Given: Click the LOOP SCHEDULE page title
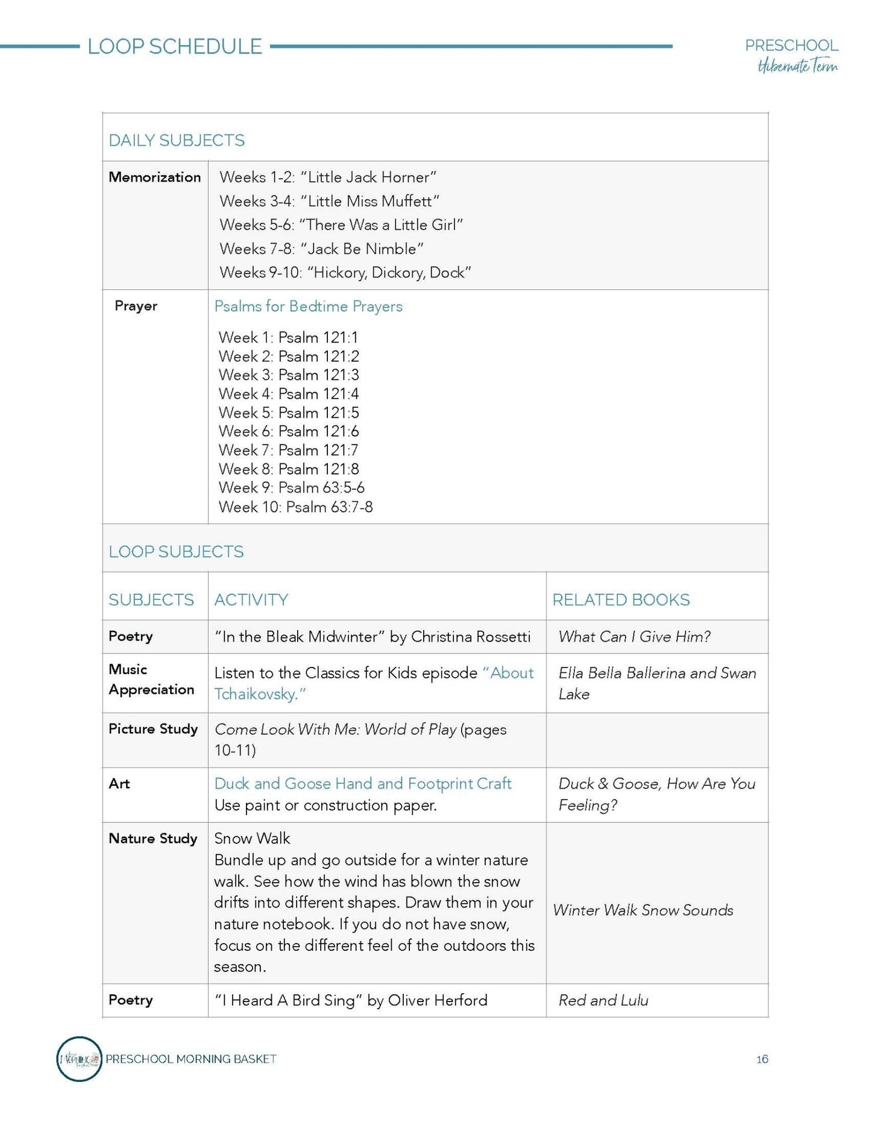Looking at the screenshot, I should click(175, 46).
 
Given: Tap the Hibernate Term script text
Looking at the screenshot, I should click(797, 66).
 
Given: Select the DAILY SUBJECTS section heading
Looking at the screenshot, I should click(177, 140).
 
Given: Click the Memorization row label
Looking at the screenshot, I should click(155, 177).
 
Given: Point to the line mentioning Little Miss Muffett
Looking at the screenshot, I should click(329, 201).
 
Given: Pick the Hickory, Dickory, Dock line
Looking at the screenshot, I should click(345, 273).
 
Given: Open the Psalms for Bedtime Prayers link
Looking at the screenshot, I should click(308, 306).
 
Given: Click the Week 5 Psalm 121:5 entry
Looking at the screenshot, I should click(289, 413).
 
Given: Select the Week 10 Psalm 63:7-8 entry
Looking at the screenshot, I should click(295, 507).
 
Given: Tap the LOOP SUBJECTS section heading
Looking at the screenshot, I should click(176, 552).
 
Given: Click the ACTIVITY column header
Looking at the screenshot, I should click(251, 600).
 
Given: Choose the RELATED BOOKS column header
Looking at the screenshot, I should click(621, 600).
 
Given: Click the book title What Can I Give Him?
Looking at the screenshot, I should click(634, 637).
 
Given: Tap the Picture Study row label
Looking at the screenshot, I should click(153, 729).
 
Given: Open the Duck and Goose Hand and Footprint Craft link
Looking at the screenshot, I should click(362, 784).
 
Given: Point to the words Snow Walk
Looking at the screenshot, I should click(252, 839).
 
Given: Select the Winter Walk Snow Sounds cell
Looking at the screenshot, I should click(643, 910).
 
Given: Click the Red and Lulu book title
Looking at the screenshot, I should click(603, 1000).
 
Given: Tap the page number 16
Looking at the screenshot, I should click(762, 1059).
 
